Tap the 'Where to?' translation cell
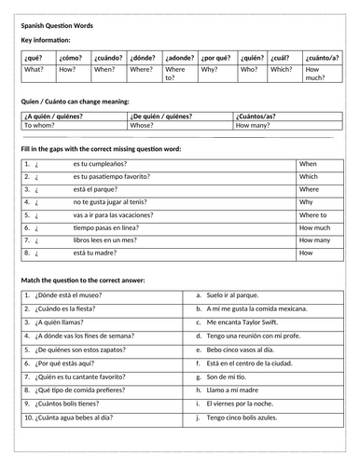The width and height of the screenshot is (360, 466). [175, 73]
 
